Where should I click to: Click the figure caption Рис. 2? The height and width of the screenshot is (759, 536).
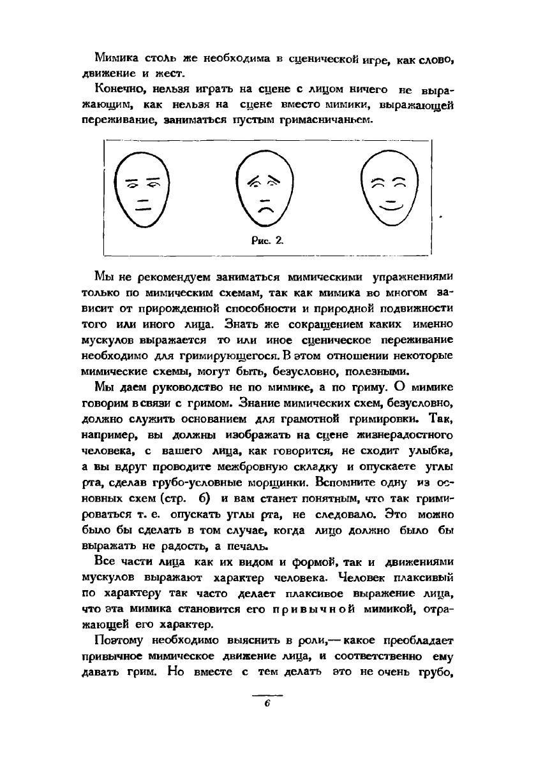[267, 240]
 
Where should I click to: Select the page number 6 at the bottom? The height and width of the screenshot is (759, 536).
[267, 704]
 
